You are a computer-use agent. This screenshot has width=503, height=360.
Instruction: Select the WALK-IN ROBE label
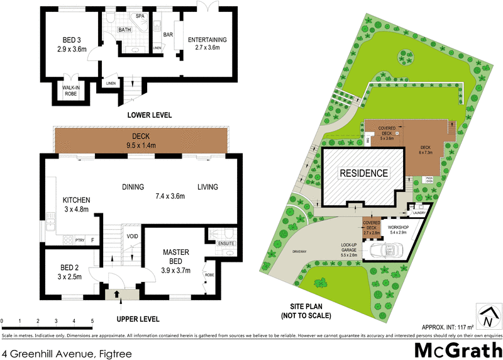pyautogui.click(x=70, y=91)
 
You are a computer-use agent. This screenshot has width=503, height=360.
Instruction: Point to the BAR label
pyautogui.click(x=168, y=35)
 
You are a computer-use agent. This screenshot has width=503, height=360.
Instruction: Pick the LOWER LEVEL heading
pyautogui.click(x=149, y=115)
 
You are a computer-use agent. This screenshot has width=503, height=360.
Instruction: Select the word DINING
pyautogui.click(x=133, y=187)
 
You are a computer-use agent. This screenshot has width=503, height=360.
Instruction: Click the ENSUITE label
pyautogui.click(x=227, y=242)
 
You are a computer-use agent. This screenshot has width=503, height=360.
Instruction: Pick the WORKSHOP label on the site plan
pyautogui.click(x=399, y=228)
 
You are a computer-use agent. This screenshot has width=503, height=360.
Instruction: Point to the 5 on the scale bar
pyautogui.click(x=92, y=321)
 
